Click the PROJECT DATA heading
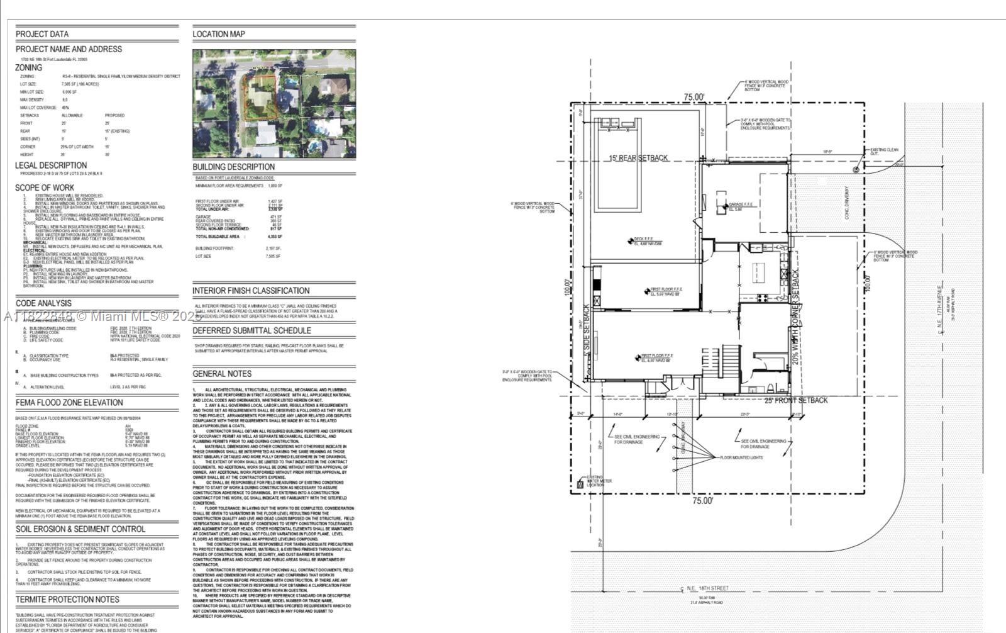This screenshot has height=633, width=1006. click(42, 34)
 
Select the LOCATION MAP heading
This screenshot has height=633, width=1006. click(219, 34)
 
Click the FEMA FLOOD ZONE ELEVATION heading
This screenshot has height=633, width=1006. click(69, 403)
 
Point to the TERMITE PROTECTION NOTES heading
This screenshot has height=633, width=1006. click(67, 600)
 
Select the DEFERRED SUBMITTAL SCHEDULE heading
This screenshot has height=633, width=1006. click(251, 330)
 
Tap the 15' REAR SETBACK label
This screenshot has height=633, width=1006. click(639, 158)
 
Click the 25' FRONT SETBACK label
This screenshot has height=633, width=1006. click(796, 400)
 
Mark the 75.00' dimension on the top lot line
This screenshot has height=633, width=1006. click(694, 97)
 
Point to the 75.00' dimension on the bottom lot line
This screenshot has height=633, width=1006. click(703, 501)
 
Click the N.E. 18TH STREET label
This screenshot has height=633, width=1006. click(707, 588)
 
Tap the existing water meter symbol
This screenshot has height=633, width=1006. click(580, 485)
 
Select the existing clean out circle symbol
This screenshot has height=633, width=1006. click(856, 170)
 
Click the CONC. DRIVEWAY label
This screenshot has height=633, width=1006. click(847, 202)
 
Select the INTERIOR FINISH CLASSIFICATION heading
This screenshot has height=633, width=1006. click(251, 291)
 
